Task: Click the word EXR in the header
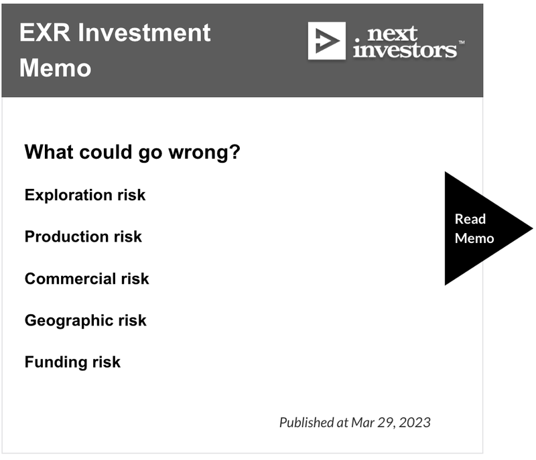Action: coord(44,33)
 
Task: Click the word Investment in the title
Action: coord(144,33)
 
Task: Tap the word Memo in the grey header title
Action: coord(56,68)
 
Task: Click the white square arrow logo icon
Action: coord(326,41)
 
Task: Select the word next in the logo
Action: coord(392,33)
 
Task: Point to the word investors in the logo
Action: coord(405,50)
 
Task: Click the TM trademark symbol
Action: coord(462,42)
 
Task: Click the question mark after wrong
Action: coord(235,151)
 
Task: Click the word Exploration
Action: coord(68,196)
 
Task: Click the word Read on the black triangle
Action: coord(470,219)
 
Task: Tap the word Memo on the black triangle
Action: coord(474,238)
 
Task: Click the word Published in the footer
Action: coord(307,423)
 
